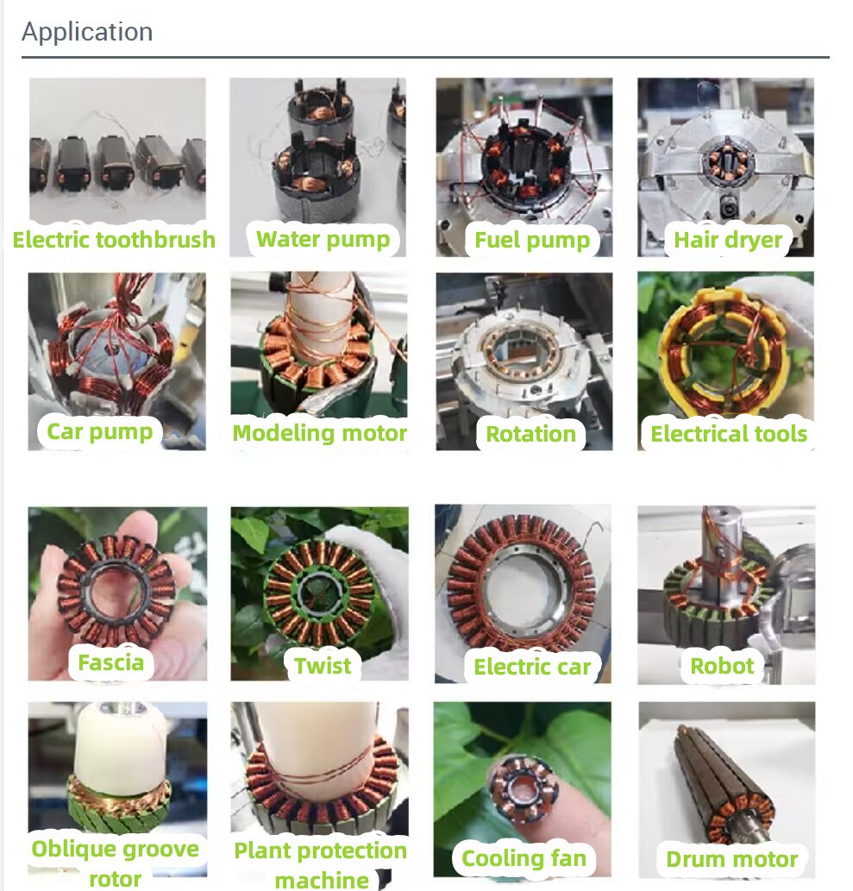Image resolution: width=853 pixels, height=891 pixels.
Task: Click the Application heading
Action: (x=87, y=33)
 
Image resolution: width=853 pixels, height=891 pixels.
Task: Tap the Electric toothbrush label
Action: (x=114, y=239)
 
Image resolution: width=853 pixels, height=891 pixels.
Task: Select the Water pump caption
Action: (x=323, y=239)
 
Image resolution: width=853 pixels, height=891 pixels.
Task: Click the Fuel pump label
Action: (x=532, y=240)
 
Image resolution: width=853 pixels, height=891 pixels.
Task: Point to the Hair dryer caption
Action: (x=728, y=240)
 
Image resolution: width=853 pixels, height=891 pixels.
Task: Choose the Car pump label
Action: (x=99, y=431)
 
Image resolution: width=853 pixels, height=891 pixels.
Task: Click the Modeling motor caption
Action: (x=319, y=433)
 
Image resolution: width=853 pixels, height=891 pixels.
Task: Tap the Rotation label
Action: (x=530, y=434)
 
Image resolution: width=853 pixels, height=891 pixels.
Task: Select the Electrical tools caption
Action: (x=729, y=434)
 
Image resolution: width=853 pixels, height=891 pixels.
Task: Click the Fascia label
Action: (x=110, y=662)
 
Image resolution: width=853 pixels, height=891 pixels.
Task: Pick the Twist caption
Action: (x=323, y=665)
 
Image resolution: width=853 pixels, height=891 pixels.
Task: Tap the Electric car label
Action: (x=532, y=666)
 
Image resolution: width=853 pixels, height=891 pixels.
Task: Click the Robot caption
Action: (x=722, y=665)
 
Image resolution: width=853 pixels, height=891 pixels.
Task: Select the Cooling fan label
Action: (x=524, y=858)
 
